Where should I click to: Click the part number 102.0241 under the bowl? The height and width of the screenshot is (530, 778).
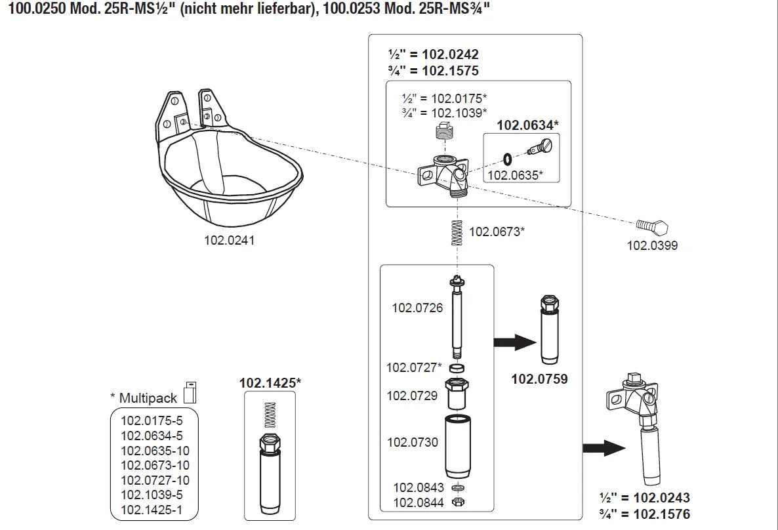pyautogui.click(x=229, y=240)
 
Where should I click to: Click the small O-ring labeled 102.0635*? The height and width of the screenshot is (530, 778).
pyautogui.click(x=508, y=157)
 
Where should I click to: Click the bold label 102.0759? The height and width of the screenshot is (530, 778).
pyautogui.click(x=539, y=378)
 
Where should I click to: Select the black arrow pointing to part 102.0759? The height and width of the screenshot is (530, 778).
pyautogui.click(x=514, y=342)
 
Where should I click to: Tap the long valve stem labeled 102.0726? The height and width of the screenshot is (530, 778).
pyautogui.click(x=457, y=315)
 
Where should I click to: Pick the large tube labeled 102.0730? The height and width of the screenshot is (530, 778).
pyautogui.click(x=457, y=446)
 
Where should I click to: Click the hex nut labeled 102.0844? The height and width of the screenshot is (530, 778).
pyautogui.click(x=459, y=502)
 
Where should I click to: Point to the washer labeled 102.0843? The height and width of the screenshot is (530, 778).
pyautogui.click(x=459, y=488)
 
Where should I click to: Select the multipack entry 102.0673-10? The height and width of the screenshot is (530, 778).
pyautogui.click(x=155, y=465)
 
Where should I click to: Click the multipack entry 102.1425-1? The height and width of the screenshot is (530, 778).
pyautogui.click(x=152, y=510)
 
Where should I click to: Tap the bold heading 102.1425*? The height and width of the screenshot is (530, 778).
pyautogui.click(x=270, y=382)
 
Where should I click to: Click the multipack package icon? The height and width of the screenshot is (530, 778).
pyautogui.click(x=190, y=392)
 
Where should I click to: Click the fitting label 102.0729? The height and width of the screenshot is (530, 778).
pyautogui.click(x=413, y=395)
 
